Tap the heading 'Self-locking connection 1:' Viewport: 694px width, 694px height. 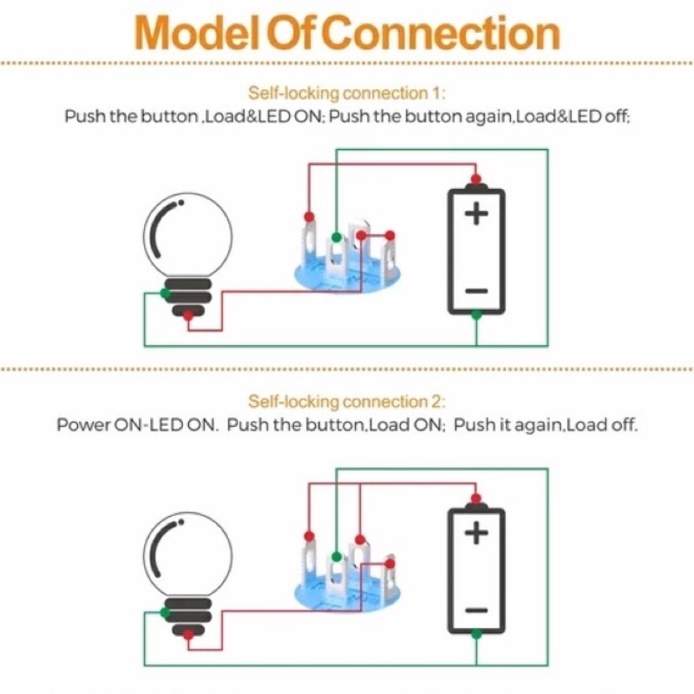(x=347, y=94)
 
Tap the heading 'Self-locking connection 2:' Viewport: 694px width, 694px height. (x=347, y=403)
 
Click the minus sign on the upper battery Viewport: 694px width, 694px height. (x=475, y=291)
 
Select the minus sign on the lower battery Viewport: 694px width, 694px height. (x=475, y=611)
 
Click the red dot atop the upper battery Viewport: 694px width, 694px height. (x=475, y=179)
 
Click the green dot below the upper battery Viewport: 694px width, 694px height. (x=475, y=315)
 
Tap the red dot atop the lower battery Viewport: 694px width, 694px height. (x=475, y=498)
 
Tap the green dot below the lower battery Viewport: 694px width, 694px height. (x=475, y=634)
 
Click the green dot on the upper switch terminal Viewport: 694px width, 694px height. (x=336, y=235)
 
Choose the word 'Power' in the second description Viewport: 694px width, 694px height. (x=84, y=426)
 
